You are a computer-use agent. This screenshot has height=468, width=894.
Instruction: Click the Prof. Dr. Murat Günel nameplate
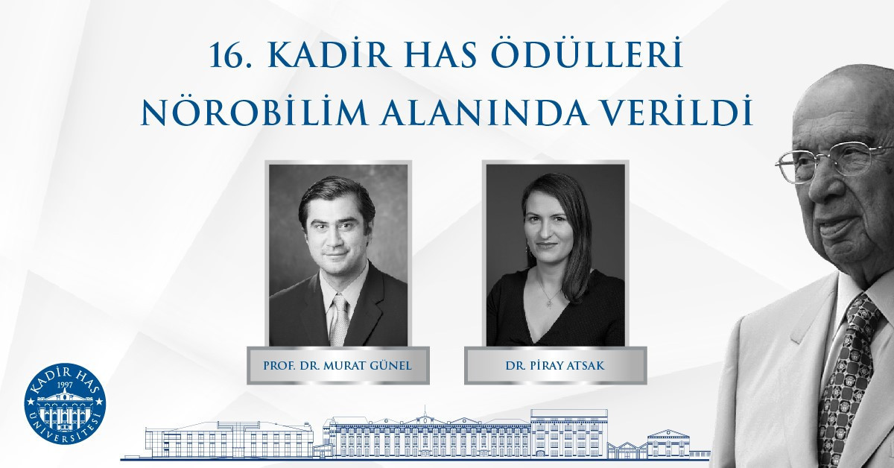click(337, 365)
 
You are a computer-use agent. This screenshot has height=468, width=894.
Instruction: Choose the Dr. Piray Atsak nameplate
click(555, 365)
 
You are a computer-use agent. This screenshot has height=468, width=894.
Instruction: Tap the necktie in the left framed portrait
click(339, 320)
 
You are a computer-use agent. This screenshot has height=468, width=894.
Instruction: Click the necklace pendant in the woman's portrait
click(549, 304)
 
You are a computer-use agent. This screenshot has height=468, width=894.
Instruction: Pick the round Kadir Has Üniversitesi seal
click(65, 403)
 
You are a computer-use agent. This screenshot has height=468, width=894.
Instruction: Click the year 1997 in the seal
click(66, 385)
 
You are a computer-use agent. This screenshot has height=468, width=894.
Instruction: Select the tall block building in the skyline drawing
click(568, 433)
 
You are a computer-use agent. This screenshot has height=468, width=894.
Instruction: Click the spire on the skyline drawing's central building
click(425, 411)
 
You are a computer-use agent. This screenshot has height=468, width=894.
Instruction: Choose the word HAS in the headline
click(440, 56)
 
